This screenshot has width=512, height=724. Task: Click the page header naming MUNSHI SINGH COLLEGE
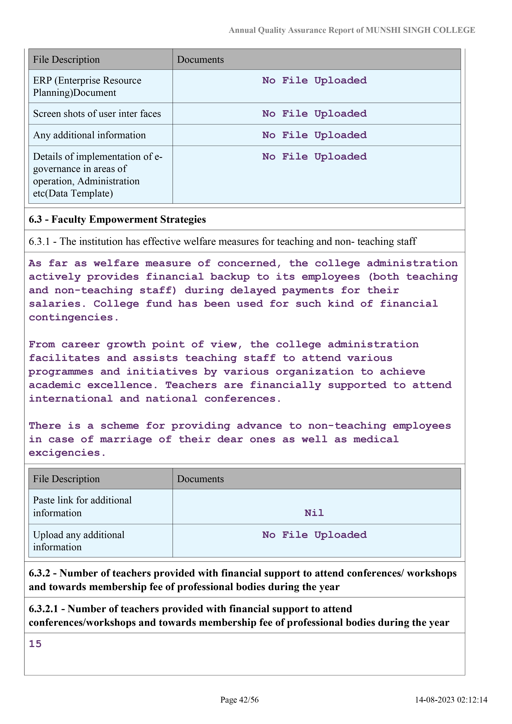click(x=351, y=30)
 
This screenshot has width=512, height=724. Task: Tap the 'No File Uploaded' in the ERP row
click(x=314, y=80)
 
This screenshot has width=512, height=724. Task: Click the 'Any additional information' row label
click(x=89, y=135)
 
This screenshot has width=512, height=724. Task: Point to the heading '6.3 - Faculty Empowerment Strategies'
click(x=117, y=219)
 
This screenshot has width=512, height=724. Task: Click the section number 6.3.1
click(x=39, y=241)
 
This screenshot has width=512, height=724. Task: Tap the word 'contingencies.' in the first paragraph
click(x=74, y=317)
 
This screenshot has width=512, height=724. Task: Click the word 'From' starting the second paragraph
click(x=42, y=344)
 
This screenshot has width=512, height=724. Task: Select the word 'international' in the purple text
click(x=71, y=399)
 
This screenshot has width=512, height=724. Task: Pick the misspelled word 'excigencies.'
click(x=67, y=453)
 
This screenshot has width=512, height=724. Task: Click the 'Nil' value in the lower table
click(x=314, y=513)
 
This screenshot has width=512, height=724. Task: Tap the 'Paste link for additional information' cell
click(x=82, y=506)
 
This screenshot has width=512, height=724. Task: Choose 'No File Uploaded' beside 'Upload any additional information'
click(x=314, y=535)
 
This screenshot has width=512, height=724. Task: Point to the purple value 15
click(x=35, y=644)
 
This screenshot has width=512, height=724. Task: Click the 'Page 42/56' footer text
click(x=239, y=700)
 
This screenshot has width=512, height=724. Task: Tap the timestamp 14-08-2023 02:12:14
click(x=451, y=700)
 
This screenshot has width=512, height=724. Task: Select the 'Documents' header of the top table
click(x=201, y=60)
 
